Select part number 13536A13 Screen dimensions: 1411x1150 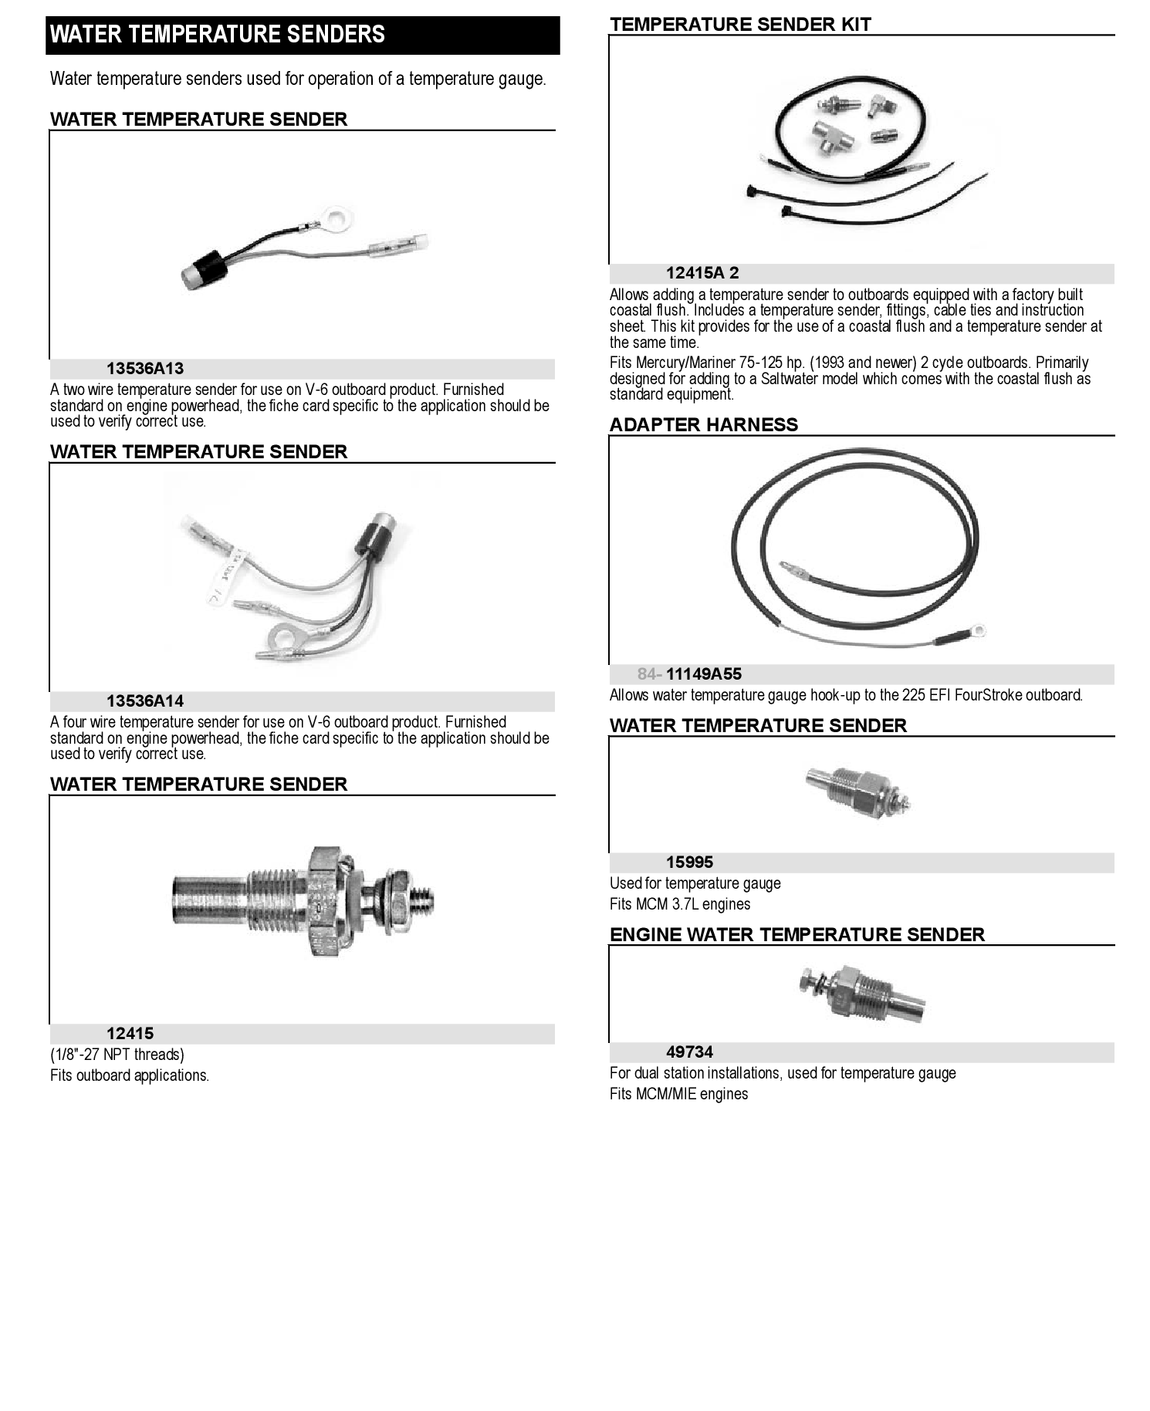(145, 369)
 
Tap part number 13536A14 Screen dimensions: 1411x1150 (145, 701)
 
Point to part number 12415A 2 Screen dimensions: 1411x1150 (702, 273)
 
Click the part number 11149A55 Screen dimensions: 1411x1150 (704, 674)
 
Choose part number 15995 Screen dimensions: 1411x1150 (689, 862)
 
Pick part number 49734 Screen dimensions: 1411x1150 (689, 1052)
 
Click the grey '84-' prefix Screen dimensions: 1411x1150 (649, 674)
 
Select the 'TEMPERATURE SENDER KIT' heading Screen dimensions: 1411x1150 (740, 25)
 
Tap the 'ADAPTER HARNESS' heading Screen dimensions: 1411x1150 (704, 425)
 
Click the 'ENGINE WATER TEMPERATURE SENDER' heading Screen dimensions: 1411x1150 (797, 935)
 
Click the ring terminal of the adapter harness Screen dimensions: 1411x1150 (977, 632)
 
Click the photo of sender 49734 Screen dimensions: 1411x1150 (862, 994)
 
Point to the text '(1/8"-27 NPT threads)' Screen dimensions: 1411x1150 (117, 1055)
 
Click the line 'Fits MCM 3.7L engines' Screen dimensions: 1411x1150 (680, 904)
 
